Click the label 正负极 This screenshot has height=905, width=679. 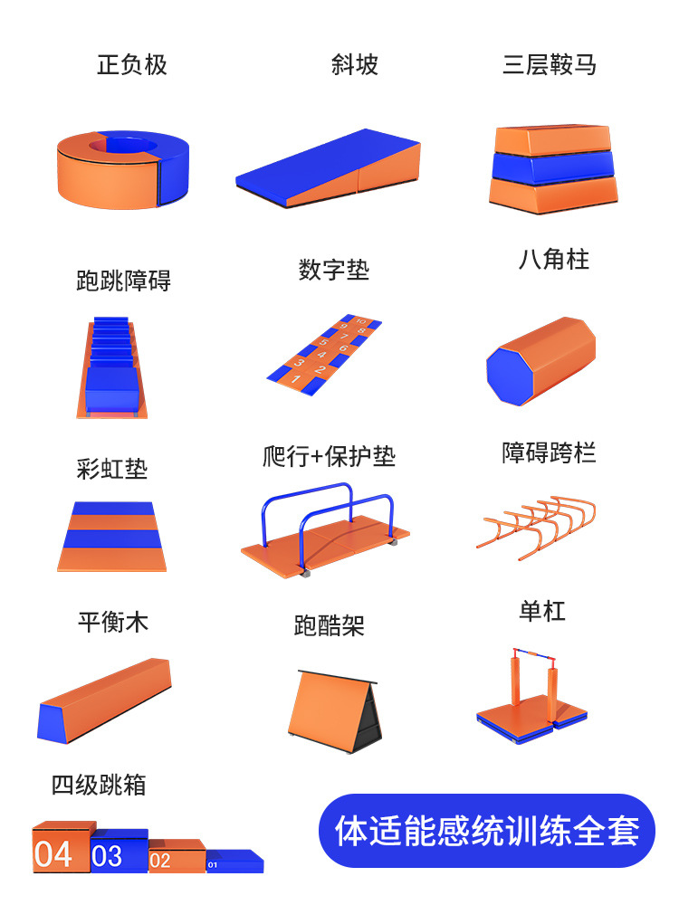click(132, 65)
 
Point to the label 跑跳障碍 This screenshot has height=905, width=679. click(123, 281)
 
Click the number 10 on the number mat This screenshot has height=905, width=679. click(360, 321)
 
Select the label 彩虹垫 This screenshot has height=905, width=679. click(112, 469)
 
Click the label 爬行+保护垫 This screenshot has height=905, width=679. click(330, 456)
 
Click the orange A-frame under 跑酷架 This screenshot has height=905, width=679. click(326, 701)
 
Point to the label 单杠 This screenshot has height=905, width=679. click(542, 611)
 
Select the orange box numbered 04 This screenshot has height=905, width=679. click(60, 851)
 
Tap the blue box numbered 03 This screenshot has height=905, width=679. click(117, 853)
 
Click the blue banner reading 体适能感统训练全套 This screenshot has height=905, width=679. click(487, 831)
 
